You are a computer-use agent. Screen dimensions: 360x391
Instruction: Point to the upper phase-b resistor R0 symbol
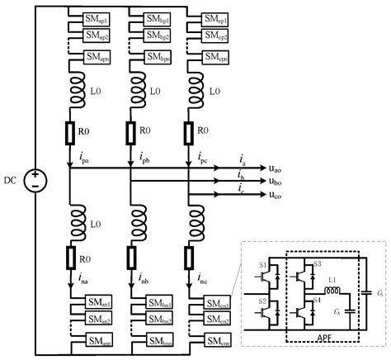130,133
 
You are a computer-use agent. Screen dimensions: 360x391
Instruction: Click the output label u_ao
280,167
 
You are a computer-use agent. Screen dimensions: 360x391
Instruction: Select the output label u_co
280,194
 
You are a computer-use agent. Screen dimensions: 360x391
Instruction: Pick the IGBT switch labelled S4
310,313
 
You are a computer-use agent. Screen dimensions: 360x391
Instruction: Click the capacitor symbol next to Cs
370,293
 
